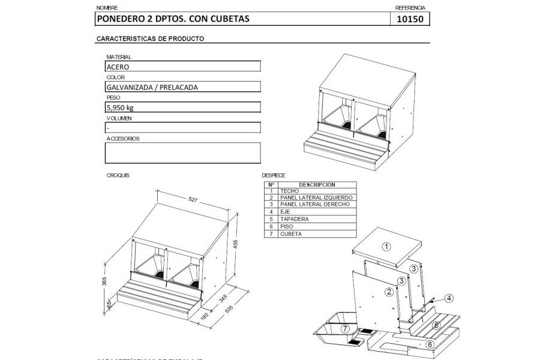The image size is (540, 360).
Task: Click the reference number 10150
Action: pyautogui.click(x=410, y=19)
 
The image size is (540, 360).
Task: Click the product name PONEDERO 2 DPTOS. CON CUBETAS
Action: pyautogui.click(x=172, y=19)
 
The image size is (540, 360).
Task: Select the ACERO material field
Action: pyautogui.click(x=183, y=67)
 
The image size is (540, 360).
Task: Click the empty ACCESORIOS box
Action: pyautogui.click(x=183, y=152)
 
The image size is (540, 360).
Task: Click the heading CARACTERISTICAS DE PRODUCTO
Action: pyautogui.click(x=149, y=38)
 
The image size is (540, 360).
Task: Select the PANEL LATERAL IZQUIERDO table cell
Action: pyautogui.click(x=316, y=197)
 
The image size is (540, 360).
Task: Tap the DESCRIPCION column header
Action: pyautogui.click(x=316, y=185)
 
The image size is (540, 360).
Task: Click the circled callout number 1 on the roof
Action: pyautogui.click(x=386, y=246)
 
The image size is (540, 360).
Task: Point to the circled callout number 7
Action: pyautogui.click(x=345, y=329)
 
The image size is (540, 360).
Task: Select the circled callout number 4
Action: pyautogui.click(x=450, y=297)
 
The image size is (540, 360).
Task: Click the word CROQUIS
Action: pyautogui.click(x=118, y=175)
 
